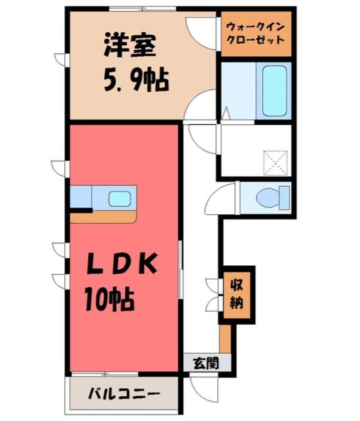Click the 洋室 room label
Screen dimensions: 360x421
(130, 45)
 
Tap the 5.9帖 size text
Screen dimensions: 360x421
(136, 80)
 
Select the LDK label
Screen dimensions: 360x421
(122, 264)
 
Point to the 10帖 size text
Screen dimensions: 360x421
(109, 299)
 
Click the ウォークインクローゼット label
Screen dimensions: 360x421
(256, 34)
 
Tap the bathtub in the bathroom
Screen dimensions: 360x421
(274, 91)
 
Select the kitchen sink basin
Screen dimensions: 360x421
(119, 199)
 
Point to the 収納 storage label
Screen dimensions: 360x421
(237, 294)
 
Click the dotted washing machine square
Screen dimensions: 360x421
(276, 163)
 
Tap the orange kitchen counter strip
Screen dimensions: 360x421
(103, 217)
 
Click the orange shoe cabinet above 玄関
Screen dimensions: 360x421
(225, 338)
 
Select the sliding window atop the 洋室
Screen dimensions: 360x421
(143, 8)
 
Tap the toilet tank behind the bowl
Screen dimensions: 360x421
(285, 198)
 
